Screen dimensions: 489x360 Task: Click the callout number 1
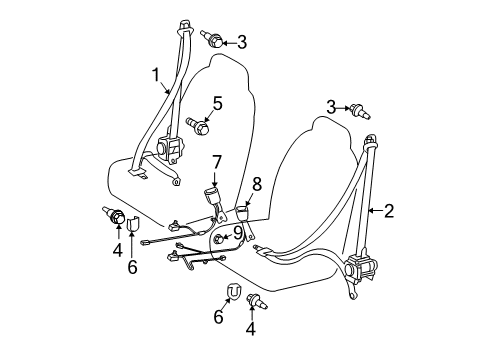(156, 75)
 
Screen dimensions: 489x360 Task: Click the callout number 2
(389, 211)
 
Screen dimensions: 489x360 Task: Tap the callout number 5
(217, 103)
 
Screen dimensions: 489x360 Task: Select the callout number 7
(216, 163)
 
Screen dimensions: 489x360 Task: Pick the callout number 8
(257, 184)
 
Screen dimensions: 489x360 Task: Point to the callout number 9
(238, 233)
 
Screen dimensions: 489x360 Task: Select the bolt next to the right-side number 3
(360, 112)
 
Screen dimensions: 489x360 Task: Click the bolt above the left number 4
(114, 215)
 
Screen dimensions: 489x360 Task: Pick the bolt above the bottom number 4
(257, 300)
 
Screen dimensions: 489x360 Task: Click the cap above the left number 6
(134, 224)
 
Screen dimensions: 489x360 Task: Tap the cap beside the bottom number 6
(234, 291)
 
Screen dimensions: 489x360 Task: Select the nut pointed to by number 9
(218, 239)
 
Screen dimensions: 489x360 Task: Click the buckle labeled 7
(213, 204)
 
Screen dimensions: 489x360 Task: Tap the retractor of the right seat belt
(361, 267)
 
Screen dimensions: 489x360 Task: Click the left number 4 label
(117, 250)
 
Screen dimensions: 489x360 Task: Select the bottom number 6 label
(218, 316)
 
